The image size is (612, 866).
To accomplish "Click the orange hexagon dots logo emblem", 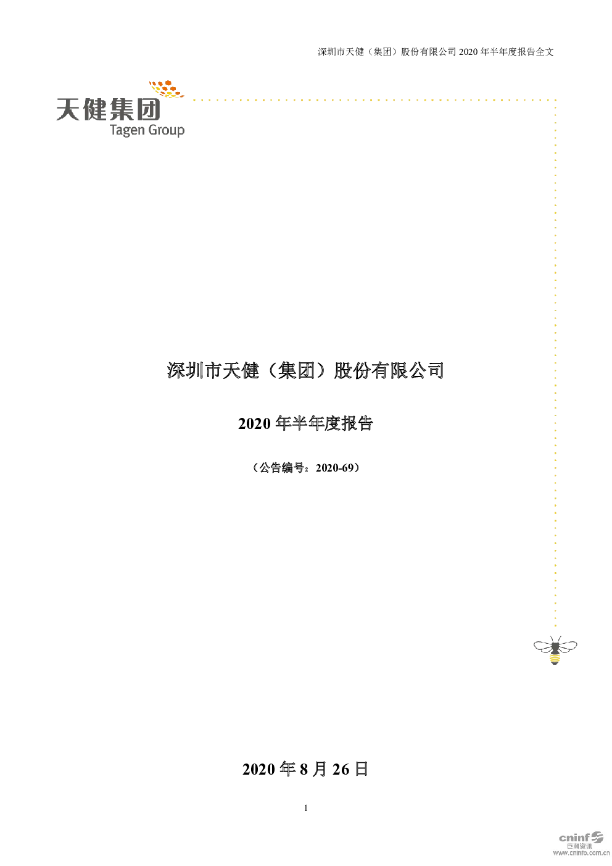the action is [167, 89].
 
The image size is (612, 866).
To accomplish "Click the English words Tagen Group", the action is [147, 130].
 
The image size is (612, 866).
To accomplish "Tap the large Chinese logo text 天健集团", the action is [108, 109].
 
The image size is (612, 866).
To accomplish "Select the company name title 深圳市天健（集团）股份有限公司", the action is [305, 370].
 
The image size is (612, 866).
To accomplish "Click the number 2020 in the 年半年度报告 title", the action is [254, 423].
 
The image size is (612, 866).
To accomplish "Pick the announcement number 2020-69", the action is [334, 468].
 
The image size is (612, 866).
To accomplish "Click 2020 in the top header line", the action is [468, 52].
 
